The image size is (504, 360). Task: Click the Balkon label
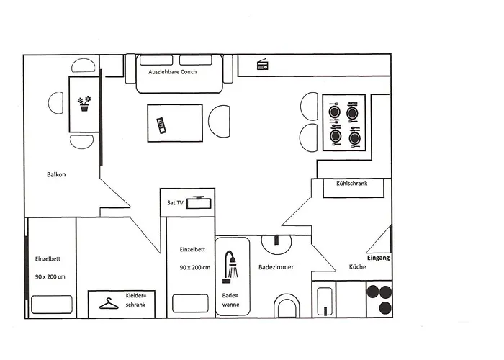[56, 174]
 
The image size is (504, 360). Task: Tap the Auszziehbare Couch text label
[172, 72]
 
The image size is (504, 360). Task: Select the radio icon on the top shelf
[263, 66]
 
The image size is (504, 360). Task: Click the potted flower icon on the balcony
[85, 104]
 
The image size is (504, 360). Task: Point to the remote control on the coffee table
[162, 125]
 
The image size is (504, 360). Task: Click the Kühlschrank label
[351, 184]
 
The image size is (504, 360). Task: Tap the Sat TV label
[176, 203]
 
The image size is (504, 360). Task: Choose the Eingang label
[378, 257]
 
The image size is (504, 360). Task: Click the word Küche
[358, 267]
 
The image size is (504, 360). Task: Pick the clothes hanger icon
[109, 305]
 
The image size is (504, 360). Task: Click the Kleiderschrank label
[135, 301]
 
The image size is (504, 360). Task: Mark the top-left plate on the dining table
[334, 112]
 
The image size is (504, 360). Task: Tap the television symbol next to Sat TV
[197, 202]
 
